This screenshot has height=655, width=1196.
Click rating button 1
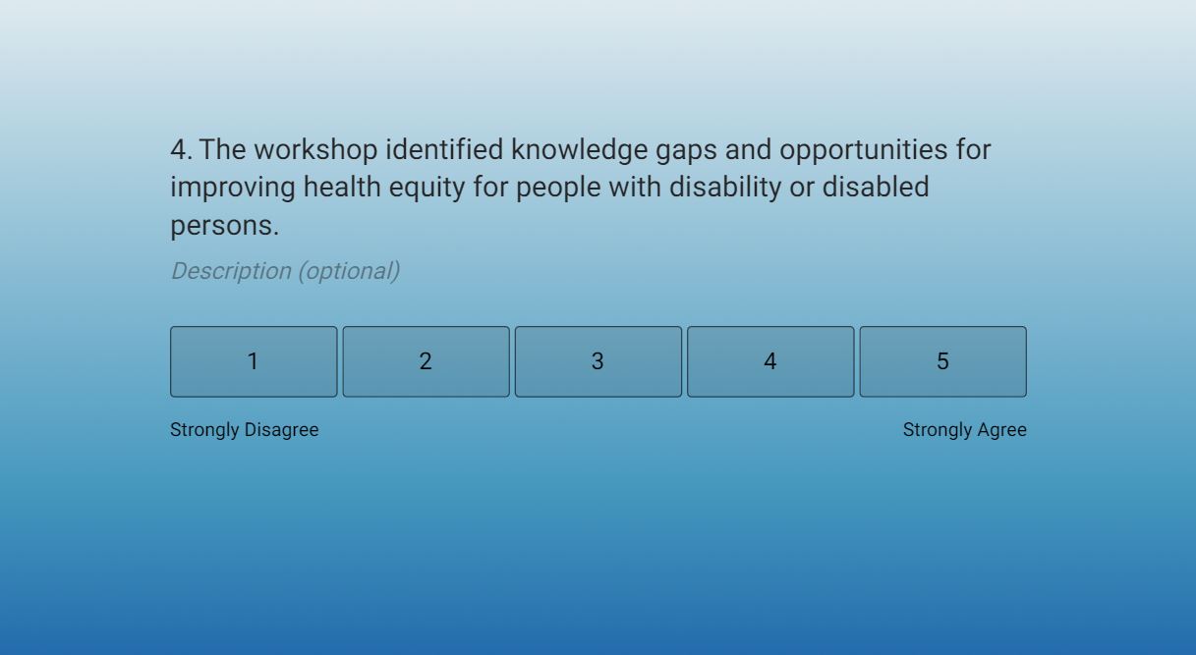tap(254, 361)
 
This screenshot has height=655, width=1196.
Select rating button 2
tap(427, 361)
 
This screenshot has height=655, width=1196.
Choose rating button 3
tap(598, 361)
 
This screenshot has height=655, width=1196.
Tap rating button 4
tap(770, 361)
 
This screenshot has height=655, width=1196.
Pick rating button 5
tap(942, 361)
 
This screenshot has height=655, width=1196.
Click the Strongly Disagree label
tap(245, 430)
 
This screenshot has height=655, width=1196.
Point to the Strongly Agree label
tap(965, 430)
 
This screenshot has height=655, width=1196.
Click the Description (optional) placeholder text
tap(286, 271)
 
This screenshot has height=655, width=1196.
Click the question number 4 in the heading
tap(181, 150)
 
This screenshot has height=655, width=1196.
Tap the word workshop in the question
tap(315, 150)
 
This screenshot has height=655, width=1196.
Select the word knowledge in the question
tap(579, 150)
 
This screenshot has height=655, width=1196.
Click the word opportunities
tap(864, 150)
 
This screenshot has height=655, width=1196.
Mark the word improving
tap(233, 188)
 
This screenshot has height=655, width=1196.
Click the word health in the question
tap(342, 188)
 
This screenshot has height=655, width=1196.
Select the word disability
tap(725, 188)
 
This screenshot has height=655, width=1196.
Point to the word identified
tap(444, 149)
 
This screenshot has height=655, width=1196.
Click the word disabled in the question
tap(876, 188)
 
